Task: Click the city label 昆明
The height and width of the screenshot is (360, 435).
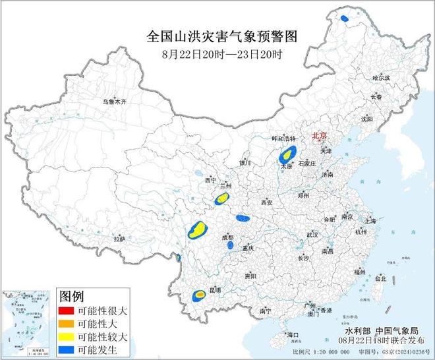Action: click(x=214, y=289)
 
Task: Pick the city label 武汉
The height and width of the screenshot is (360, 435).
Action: click(x=312, y=235)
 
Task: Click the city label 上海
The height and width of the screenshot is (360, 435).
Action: click(x=368, y=221)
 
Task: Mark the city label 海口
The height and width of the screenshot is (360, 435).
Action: click(x=293, y=335)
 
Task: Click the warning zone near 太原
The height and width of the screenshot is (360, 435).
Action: click(x=286, y=156)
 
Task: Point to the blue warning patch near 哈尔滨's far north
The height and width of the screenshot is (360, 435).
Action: click(x=345, y=18)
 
